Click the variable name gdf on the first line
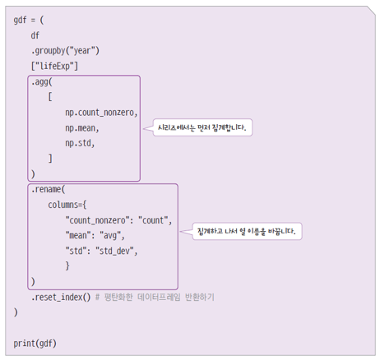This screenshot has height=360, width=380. click(x=20, y=21)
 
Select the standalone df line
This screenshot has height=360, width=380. click(x=35, y=35)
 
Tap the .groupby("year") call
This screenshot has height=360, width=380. click(x=65, y=51)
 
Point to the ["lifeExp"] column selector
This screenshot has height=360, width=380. click(x=54, y=66)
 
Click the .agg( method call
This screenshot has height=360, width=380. click(x=42, y=82)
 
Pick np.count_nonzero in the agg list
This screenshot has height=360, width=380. click(x=101, y=113)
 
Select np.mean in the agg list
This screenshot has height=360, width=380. click(x=82, y=128)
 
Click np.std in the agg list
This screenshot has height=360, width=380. click(x=80, y=143)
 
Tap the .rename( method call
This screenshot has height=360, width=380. click(x=49, y=189)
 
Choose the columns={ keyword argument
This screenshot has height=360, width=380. click(x=67, y=205)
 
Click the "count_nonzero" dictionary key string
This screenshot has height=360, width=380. click(x=97, y=220)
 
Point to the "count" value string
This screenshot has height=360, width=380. click(x=153, y=220)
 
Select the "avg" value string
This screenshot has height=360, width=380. click(x=110, y=236)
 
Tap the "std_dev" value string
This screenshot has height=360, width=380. click(x=114, y=251)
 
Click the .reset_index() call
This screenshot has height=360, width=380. click(x=61, y=298)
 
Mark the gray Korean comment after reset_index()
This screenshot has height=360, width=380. click(x=155, y=298)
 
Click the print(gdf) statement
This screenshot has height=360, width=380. click(x=35, y=344)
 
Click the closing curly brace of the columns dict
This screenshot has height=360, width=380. click(x=67, y=265)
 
